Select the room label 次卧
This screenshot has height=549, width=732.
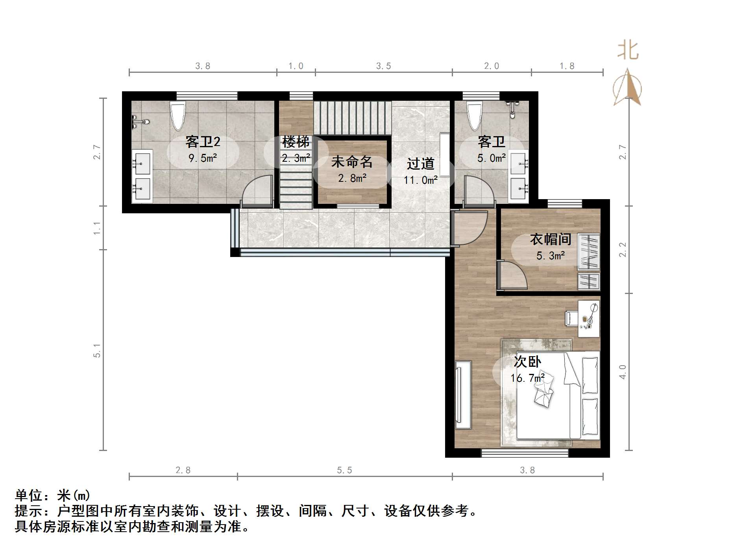[527, 361]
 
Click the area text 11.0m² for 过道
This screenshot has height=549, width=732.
[420, 180]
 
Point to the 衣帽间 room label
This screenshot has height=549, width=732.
[551, 239]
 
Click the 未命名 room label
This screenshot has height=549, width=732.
[352, 161]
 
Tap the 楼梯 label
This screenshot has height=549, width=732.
[296, 142]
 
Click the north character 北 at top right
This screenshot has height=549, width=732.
[627, 51]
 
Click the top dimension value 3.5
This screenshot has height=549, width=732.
[383, 66]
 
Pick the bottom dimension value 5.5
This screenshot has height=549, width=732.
[344, 470]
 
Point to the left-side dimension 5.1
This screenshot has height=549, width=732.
[97, 350]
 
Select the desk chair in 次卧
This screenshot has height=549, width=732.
[571, 318]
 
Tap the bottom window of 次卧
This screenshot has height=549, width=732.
[525, 453]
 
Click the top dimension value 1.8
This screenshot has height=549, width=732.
[567, 66]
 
